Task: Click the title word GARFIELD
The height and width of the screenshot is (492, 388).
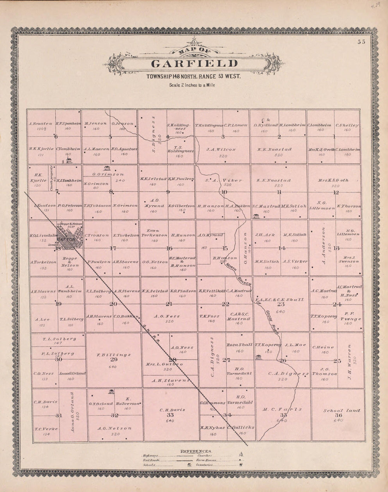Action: [194, 64]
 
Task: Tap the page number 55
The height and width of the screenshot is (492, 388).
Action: [361, 42]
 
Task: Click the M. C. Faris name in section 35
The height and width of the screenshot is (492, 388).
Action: [283, 409]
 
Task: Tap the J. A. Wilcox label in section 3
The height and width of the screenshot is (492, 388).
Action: [221, 149]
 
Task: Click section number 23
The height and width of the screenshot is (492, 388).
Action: [281, 304]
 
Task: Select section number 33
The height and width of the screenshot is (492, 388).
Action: [170, 415]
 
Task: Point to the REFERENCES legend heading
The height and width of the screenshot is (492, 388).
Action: [196, 451]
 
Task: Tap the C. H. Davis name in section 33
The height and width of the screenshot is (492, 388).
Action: [172, 410]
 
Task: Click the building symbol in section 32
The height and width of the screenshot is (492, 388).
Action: [112, 391]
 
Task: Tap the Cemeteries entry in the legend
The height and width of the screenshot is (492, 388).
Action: [205, 465]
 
